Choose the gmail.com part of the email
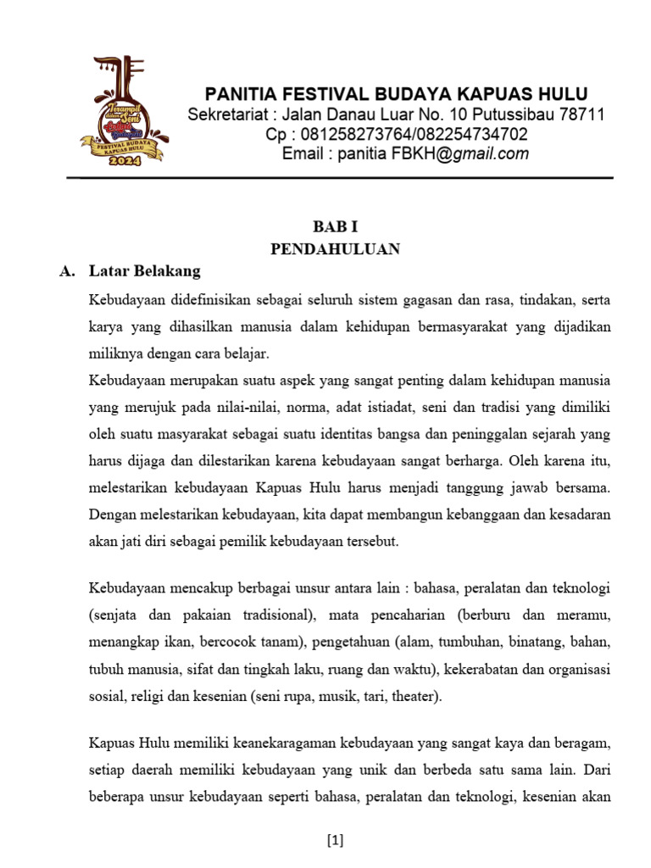pyautogui.click(x=492, y=153)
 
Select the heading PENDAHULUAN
pyautogui.click(x=335, y=249)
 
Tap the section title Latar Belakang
pyautogui.click(x=145, y=271)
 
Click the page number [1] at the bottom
pyautogui.click(x=335, y=841)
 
